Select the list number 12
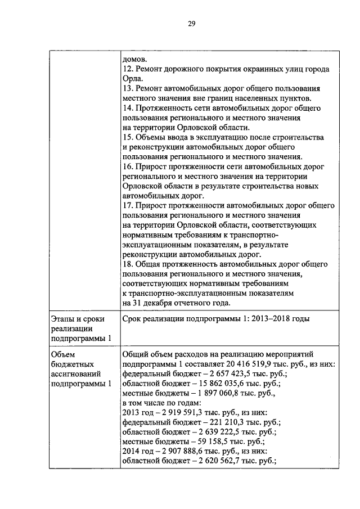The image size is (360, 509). point(127,69)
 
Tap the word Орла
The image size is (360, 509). point(132,78)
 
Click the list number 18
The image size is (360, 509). point(127,264)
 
